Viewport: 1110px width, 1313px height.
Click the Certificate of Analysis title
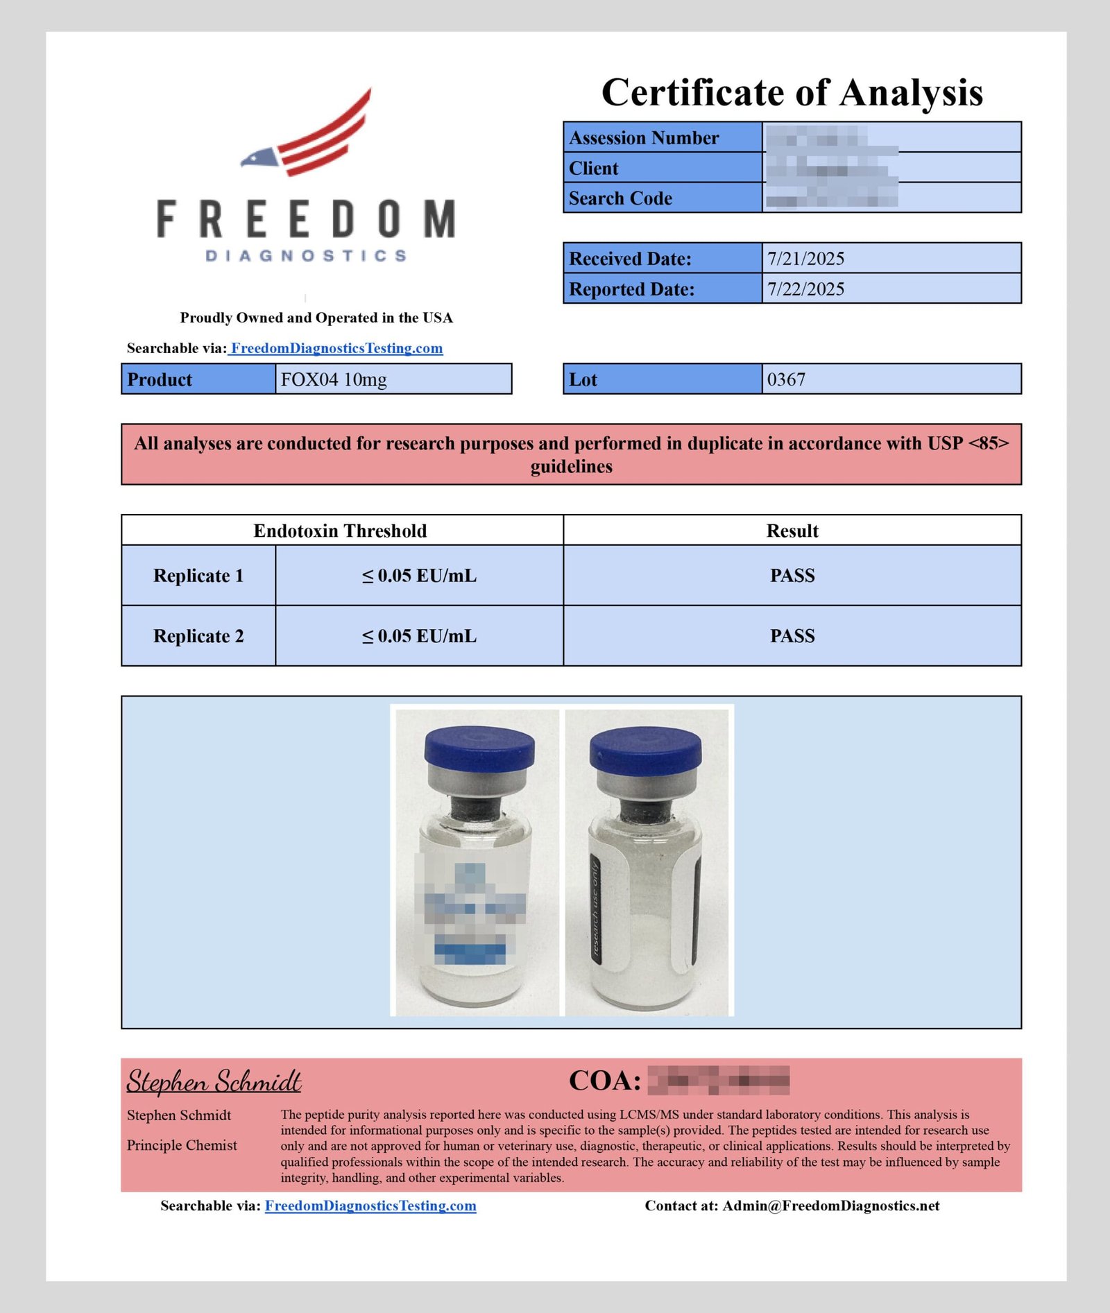792,92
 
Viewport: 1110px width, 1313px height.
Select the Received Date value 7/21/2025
805,259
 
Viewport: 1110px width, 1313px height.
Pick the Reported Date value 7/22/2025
805,289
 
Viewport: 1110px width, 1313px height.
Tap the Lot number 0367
786,379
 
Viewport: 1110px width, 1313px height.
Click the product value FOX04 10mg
334,379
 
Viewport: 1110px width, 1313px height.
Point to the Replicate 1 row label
198,576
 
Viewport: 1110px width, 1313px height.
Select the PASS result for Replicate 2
792,636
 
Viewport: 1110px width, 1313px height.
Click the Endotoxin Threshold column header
340,531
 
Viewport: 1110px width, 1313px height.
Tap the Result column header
792,531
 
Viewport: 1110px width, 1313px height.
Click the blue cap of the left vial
479,749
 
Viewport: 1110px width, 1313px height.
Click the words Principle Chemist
182,1145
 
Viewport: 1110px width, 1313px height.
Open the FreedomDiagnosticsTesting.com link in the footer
370,1205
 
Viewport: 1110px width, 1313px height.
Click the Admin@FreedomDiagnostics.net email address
831,1205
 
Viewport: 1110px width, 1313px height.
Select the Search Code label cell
620,198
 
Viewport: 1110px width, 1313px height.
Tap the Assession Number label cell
644,138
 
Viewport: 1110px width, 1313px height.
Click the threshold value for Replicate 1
419,576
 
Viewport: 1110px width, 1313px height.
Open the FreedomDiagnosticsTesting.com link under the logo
336,348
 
